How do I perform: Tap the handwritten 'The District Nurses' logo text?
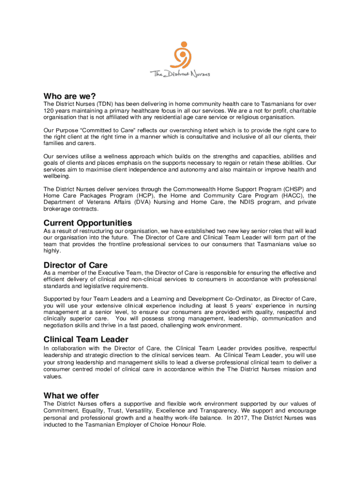[180, 73]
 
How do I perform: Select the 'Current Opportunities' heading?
[87, 223]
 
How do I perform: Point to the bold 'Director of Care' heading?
[75, 265]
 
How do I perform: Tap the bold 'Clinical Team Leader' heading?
[86, 339]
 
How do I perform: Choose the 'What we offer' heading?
[71, 395]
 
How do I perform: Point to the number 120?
[49, 110]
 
